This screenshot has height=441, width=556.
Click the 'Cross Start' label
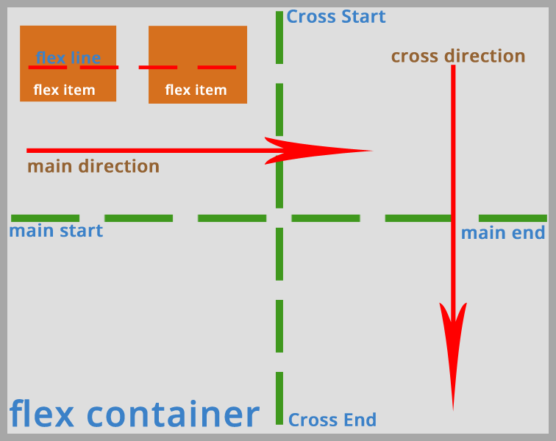pyautogui.click(x=335, y=17)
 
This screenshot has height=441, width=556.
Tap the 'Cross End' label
pyautogui.click(x=332, y=420)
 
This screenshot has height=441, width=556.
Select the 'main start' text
pyautogui.click(x=56, y=231)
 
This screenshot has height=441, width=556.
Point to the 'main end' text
pyautogui.click(x=503, y=233)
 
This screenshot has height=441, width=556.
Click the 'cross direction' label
pyautogui.click(x=457, y=57)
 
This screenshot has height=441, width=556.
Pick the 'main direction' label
pyautogui.click(x=93, y=166)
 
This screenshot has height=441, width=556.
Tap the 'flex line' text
pyautogui.click(x=68, y=57)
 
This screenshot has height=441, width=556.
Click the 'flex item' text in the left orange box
pyautogui.click(x=64, y=90)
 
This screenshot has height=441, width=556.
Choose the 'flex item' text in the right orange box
pyautogui.click(x=196, y=90)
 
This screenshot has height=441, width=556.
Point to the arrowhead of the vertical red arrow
pyautogui.click(x=453, y=353)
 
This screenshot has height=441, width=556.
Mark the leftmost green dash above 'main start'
pyautogui.click(x=45, y=218)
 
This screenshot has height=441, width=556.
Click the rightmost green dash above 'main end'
pyautogui.click(x=513, y=218)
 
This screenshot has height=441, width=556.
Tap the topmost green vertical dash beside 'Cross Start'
pyautogui.click(x=279, y=37)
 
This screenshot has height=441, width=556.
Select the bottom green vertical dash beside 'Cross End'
pyautogui.click(x=279, y=398)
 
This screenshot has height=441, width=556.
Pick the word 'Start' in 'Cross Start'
pyautogui.click(x=361, y=17)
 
